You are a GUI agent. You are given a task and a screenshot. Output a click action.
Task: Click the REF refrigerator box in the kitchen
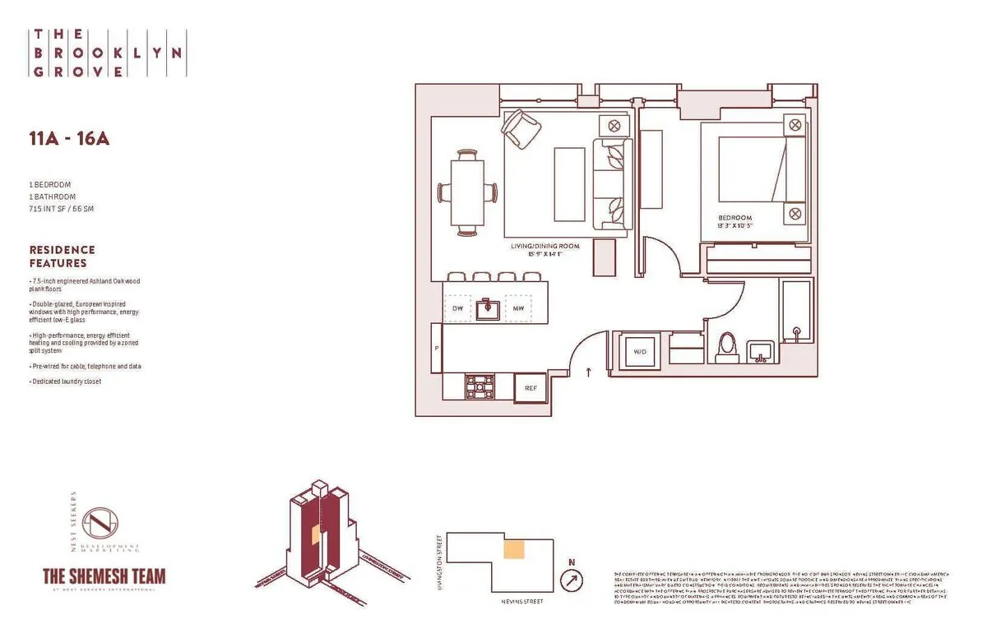tap(530, 387)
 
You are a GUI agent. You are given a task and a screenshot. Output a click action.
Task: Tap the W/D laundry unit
tap(640, 352)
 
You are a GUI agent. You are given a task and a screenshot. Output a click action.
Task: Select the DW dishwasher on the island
tap(458, 308)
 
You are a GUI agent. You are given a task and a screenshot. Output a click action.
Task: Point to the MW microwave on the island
tap(518, 308)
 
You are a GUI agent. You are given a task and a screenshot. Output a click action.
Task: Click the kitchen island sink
tap(488, 308)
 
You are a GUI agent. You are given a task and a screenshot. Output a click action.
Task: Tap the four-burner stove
tap(480, 386)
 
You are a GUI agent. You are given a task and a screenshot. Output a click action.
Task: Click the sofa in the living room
tap(613, 179)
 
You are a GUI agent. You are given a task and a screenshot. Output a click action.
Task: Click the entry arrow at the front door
tap(589, 372)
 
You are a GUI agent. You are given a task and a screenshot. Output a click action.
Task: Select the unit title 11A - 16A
tap(69, 139)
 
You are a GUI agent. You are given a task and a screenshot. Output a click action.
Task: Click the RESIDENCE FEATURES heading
tap(63, 257)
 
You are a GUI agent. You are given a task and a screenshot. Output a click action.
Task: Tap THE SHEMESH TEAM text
tap(104, 576)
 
